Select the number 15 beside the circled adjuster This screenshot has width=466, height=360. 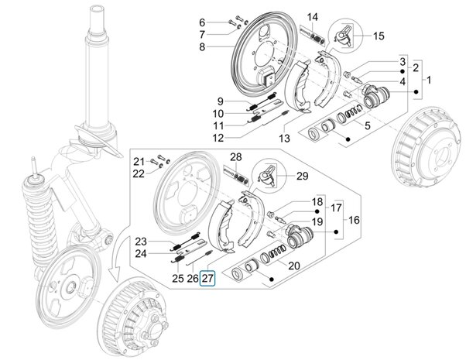point(378,36)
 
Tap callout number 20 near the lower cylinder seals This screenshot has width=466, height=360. point(293,266)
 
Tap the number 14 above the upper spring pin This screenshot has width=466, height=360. point(312,17)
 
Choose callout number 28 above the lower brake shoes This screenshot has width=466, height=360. point(235,157)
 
